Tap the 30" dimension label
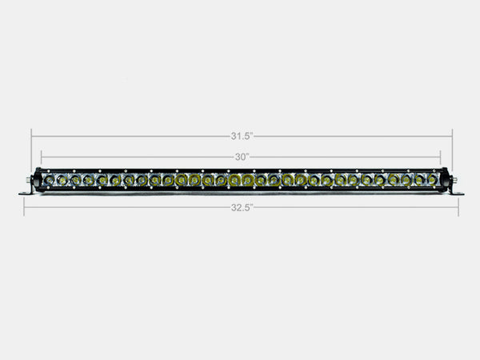point(242,157)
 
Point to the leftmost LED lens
point(49,181)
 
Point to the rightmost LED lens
point(432,181)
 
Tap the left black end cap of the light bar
point(37,181)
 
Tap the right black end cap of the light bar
point(446,181)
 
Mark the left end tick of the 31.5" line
point(32,136)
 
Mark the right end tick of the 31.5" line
point(452,136)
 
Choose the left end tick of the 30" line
point(41,157)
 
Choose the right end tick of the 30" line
point(441,157)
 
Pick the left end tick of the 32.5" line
point(24,207)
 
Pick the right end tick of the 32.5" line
point(458,207)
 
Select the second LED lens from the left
point(62,181)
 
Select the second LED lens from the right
point(419,181)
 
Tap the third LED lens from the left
point(75,181)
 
